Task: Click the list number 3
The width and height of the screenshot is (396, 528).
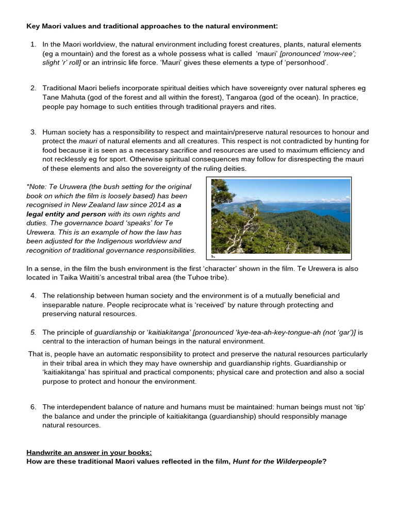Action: (x=33, y=133)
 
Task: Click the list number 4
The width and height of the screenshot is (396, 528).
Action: (x=33, y=295)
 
